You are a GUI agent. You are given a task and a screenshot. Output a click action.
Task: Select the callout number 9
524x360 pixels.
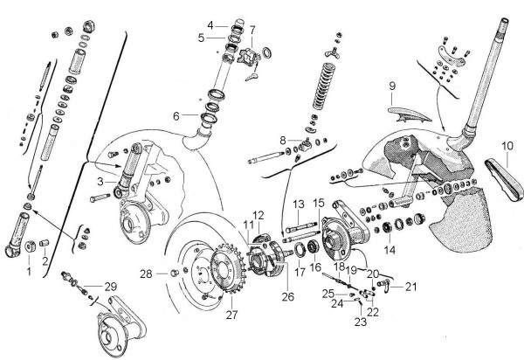391,87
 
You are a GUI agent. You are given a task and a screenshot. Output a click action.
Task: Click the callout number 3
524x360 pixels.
101,181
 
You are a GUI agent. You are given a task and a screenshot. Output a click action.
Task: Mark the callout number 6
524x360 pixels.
176,115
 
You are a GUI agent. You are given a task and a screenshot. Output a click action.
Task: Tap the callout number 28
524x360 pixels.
148,274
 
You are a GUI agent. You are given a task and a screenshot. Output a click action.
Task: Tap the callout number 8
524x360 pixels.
281,140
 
